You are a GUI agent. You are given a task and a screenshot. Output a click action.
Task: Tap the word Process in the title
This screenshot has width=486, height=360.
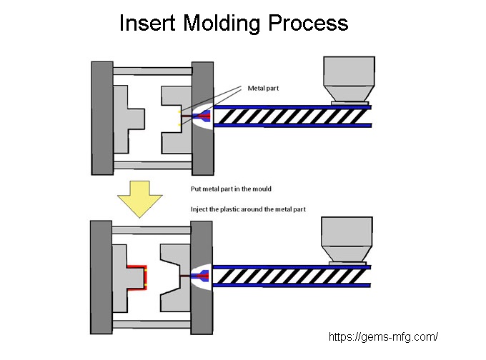tap(309, 23)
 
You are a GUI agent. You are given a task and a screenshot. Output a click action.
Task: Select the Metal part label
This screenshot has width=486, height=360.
tap(264, 88)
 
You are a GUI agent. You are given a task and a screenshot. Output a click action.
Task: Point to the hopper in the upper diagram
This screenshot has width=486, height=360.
tap(347, 79)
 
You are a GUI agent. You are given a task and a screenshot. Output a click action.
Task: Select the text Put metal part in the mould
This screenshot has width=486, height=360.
tap(231, 189)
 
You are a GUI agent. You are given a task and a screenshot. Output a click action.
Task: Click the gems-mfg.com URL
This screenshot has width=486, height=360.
tap(383, 336)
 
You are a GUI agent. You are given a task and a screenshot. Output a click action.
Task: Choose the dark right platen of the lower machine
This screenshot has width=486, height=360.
tap(202, 277)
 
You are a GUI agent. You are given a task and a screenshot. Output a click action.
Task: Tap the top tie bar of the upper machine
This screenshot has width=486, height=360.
tap(152, 71)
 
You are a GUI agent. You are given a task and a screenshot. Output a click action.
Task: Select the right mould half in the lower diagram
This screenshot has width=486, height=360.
tap(176, 277)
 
